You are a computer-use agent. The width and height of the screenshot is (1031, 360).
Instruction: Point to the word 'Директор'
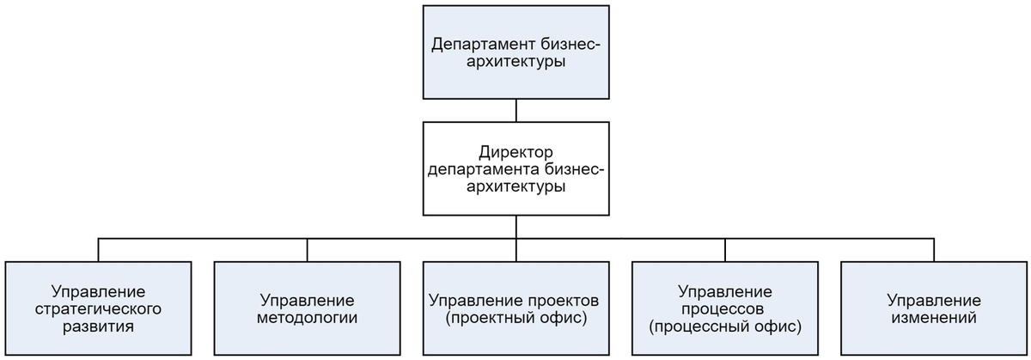pos(515,152)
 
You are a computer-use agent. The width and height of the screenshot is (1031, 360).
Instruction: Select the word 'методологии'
pos(307,318)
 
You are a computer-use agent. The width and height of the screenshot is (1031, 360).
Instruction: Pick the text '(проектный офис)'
pos(515,318)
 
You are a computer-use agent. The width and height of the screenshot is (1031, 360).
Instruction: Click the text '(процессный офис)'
pos(725,326)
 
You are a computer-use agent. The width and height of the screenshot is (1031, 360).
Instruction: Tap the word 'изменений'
pos(934,318)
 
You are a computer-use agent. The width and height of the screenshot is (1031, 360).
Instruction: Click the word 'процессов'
pos(725,308)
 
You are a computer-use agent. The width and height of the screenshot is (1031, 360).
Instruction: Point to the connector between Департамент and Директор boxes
pos(515,109)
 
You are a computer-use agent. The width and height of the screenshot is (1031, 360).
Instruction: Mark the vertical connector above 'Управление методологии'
pos(307,249)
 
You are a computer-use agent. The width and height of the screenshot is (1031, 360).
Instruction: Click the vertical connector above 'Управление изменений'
pos(934,249)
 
